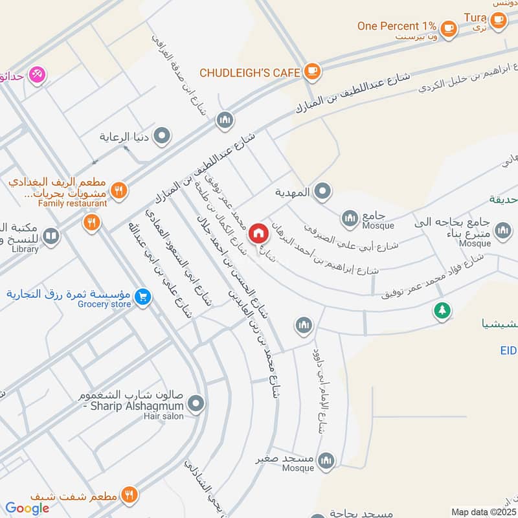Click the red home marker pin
pyautogui.click(x=258, y=232)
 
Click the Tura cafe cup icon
pyautogui.click(x=497, y=20)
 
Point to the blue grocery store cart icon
pyautogui.click(x=143, y=297)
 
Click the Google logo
pyautogui.click(x=27, y=509)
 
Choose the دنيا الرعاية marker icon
pyautogui.click(x=163, y=137)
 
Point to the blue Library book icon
pyautogui.click(x=51, y=236)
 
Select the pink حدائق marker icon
pyautogui.click(x=38, y=75)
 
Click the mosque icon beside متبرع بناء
pyautogui.click(x=502, y=230)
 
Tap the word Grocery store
pyautogui.click(x=104, y=304)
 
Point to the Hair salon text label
pyautogui.click(x=164, y=416)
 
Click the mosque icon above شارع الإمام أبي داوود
pyautogui.click(x=303, y=324)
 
